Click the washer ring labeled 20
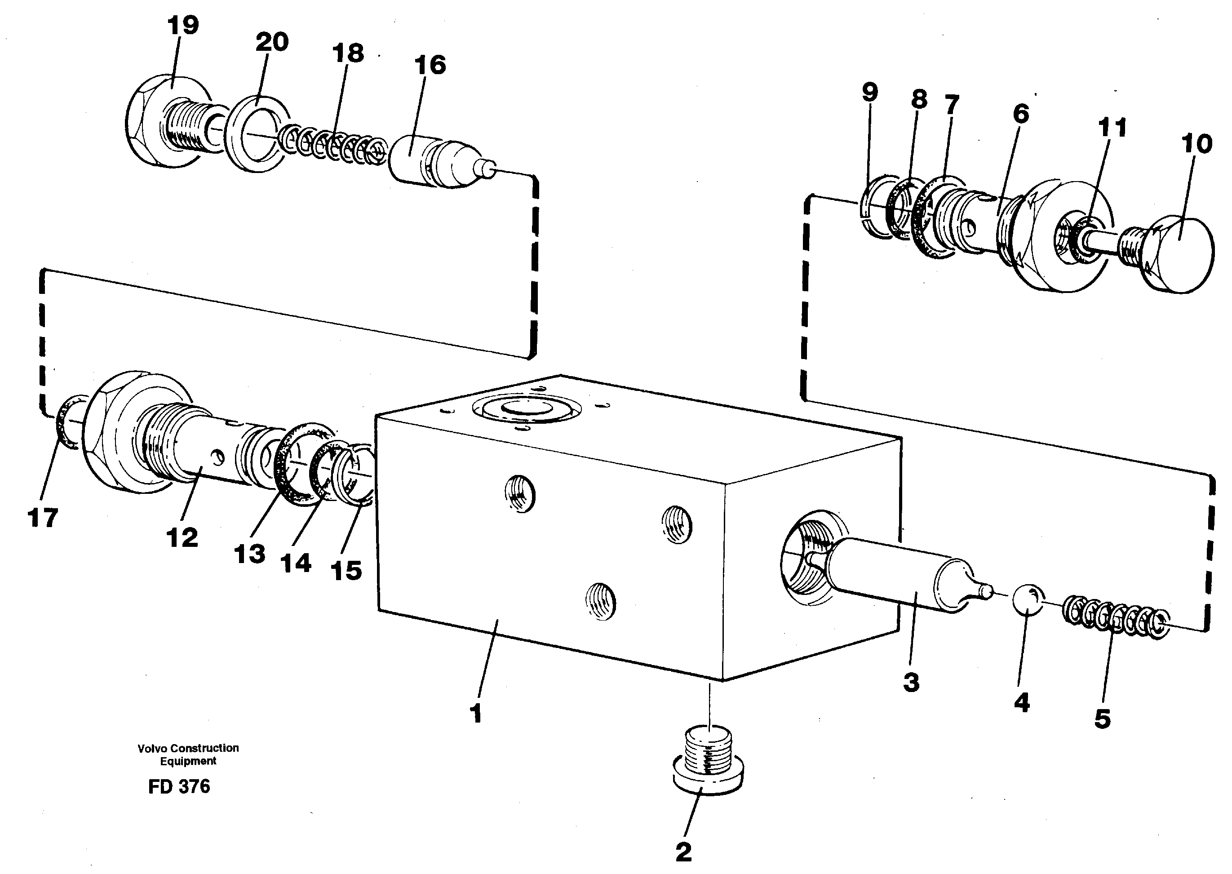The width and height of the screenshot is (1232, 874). point(257,129)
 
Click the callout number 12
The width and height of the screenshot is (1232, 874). point(182,537)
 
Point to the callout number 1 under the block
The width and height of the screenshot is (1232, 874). point(476,714)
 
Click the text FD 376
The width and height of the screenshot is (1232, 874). point(179,786)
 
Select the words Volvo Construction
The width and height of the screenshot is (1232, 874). point(188,748)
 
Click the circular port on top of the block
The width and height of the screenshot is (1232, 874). point(527,411)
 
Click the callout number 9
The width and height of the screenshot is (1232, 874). point(869,92)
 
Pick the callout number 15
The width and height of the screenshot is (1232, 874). point(346,571)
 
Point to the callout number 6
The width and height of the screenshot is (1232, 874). point(1020,113)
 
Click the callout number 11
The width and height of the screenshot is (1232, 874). point(1112,128)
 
